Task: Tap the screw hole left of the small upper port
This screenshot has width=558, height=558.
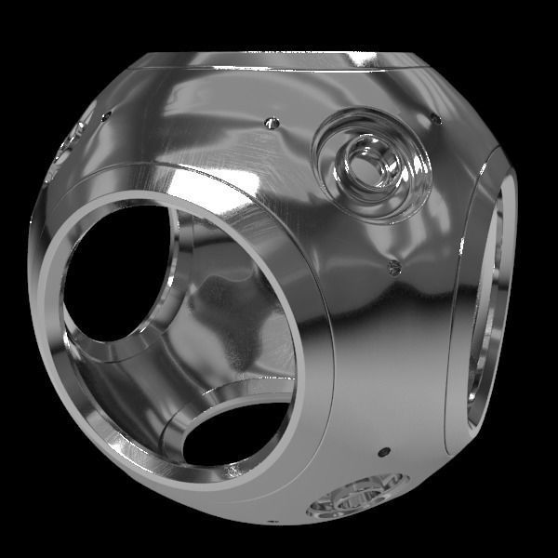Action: pyautogui.click(x=272, y=123)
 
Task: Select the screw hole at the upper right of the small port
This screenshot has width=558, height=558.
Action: pyautogui.click(x=434, y=118)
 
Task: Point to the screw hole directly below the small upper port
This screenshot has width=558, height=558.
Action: pyautogui.click(x=394, y=268)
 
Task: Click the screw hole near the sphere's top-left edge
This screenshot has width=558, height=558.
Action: pyautogui.click(x=107, y=116)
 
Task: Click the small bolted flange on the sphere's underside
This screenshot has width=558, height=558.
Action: pyautogui.click(x=358, y=495)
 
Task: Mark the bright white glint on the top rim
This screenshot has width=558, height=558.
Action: pyautogui.click(x=358, y=59)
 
